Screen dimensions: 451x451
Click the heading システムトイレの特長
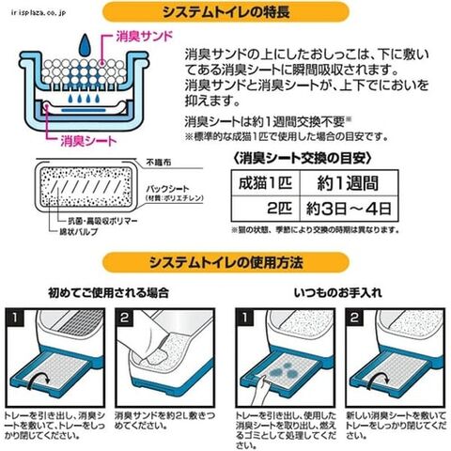coord(225,14)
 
